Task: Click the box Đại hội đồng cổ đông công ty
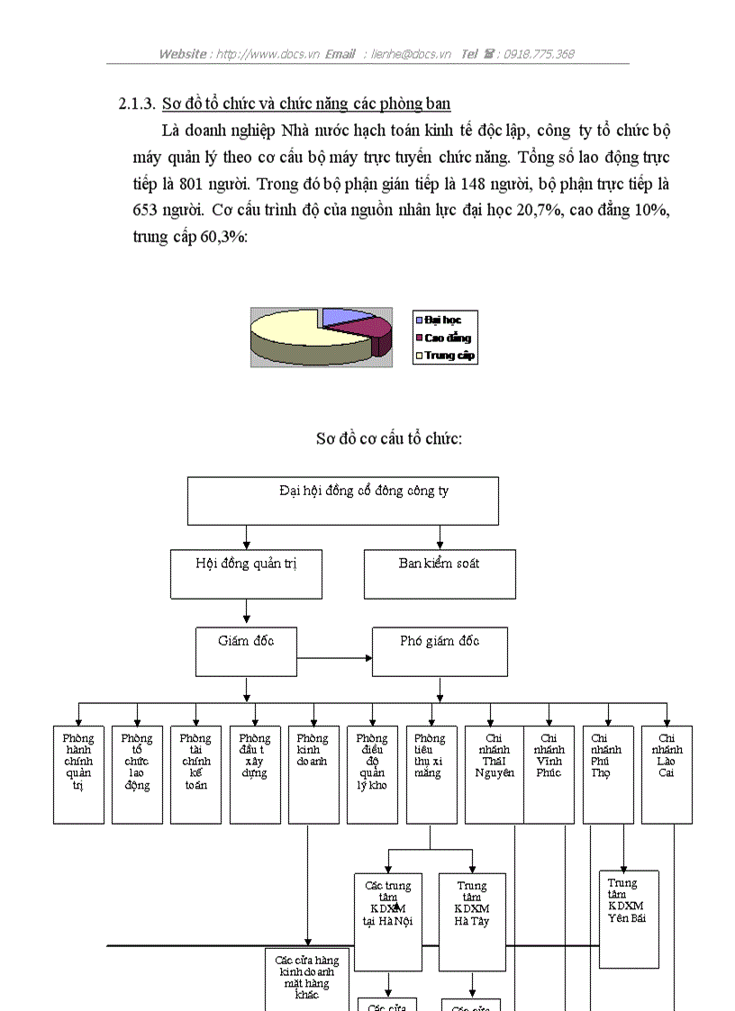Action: pos(342,501)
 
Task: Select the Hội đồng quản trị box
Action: pos(246,574)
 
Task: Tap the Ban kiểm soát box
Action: pos(440,574)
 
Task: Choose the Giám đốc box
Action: pos(246,652)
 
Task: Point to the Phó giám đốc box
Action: pos(440,652)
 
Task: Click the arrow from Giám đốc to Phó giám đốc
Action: pos(334,658)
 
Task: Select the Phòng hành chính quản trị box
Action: pos(78,774)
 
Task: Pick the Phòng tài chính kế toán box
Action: pos(195,774)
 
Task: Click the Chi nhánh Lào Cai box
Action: pos(667,774)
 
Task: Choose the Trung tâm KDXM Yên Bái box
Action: pos(629,918)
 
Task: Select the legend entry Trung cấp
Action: pos(449,356)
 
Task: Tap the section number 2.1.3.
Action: pos(138,104)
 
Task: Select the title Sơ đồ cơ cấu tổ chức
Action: pos(389,438)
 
